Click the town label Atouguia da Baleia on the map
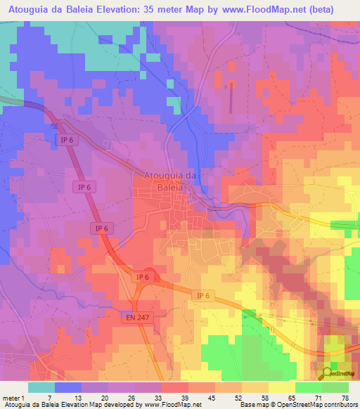point(172,181)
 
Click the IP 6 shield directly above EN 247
point(143,277)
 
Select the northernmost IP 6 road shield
point(63,141)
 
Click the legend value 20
point(103,397)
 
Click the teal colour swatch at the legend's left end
point(41,387)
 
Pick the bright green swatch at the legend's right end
point(335,387)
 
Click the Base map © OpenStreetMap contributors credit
point(298,405)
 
